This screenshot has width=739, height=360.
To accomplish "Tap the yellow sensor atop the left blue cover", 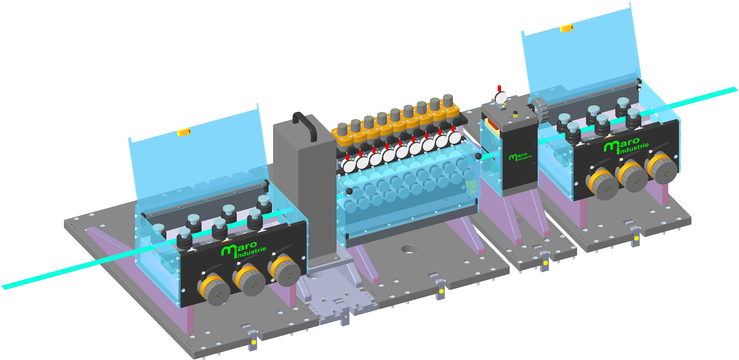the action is pos(184,132).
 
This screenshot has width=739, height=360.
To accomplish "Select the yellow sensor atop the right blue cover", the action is pos(566,28).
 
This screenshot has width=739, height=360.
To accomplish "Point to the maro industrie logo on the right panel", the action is pos(626,145).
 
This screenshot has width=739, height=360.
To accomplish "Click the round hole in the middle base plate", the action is pos(409,249).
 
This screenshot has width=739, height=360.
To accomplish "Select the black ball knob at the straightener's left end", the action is pos(349,191).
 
